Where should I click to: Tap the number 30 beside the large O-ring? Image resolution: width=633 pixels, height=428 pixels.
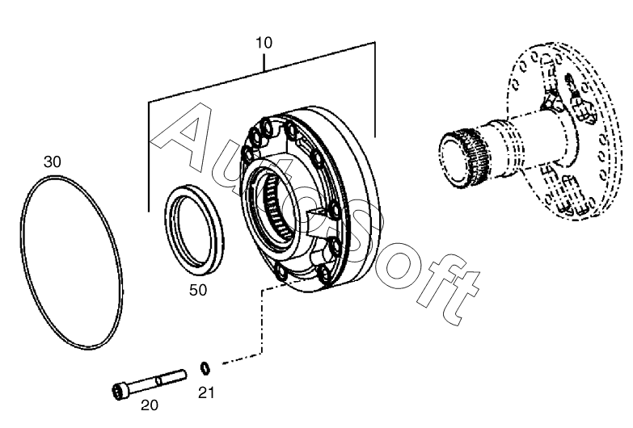pyautogui.click(x=53, y=162)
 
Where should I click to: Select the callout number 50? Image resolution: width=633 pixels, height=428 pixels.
pyautogui.click(x=198, y=290)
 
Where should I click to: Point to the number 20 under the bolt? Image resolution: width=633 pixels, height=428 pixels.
pyautogui.click(x=150, y=405)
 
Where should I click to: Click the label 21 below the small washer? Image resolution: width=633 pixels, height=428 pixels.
pyautogui.click(x=207, y=393)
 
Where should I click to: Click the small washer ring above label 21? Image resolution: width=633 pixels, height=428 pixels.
pyautogui.click(x=206, y=369)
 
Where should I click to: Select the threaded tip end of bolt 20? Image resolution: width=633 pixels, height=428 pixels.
pyautogui.click(x=180, y=373)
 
